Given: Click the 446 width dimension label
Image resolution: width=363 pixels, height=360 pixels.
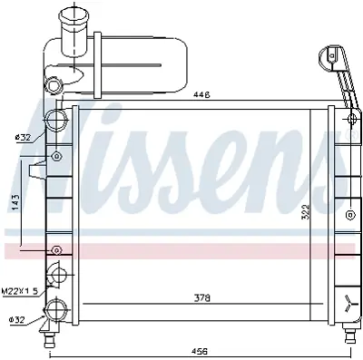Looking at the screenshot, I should pyautogui.click(x=202, y=94).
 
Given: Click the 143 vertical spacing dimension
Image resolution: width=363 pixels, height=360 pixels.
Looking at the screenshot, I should pyautogui.click(x=15, y=202).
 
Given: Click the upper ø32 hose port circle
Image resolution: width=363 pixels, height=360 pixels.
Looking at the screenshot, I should pyautogui.click(x=57, y=122).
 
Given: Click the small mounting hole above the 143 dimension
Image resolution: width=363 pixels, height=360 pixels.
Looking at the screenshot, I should pyautogui.click(x=57, y=156).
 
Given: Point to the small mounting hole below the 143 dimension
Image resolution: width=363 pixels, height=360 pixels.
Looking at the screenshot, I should pyautogui.click(x=57, y=248).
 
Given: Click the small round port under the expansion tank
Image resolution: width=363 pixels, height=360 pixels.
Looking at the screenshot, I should pyautogui.click(x=56, y=85).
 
